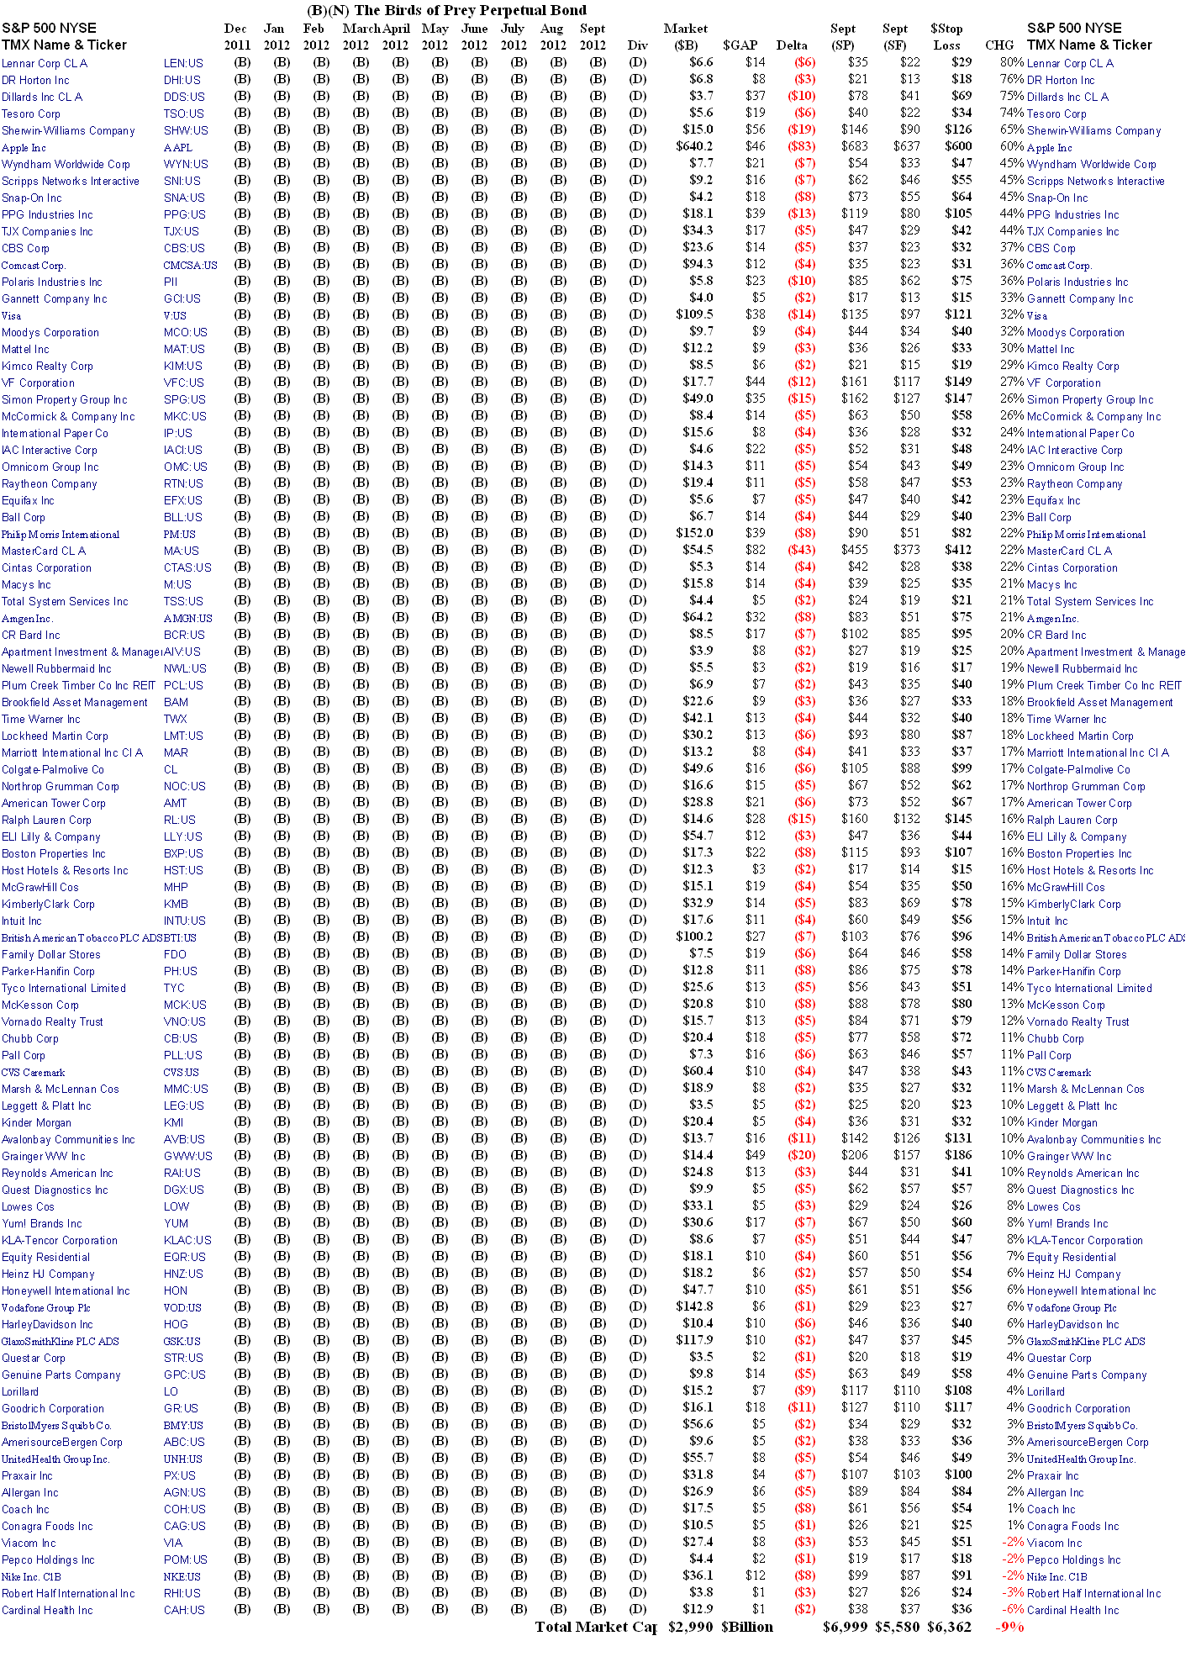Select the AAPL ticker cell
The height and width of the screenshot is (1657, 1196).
pos(177,147)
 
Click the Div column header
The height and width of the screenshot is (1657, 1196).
pos(637,45)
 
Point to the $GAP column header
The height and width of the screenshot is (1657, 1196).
pos(740,45)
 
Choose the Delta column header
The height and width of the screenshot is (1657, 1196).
pos(792,45)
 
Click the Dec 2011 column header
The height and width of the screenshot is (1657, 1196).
pos(236,37)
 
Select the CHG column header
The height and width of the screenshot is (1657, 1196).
pos(999,45)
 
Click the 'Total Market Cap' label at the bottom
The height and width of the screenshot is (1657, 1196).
pos(596,1627)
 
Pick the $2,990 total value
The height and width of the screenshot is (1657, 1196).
pos(690,1627)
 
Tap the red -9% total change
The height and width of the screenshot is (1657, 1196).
pos(1009,1627)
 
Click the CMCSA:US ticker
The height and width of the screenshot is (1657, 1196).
pos(190,265)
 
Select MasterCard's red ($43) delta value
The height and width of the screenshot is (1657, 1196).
pos(802,550)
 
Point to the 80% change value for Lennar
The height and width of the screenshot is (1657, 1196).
pos(1011,62)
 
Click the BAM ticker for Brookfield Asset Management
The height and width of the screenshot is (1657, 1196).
pos(176,702)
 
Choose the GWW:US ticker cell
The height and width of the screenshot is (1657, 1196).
pos(187,1156)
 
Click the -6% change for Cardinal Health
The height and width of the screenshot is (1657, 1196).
pos(1012,1609)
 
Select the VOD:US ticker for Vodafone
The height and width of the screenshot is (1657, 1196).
pos(182,1307)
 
